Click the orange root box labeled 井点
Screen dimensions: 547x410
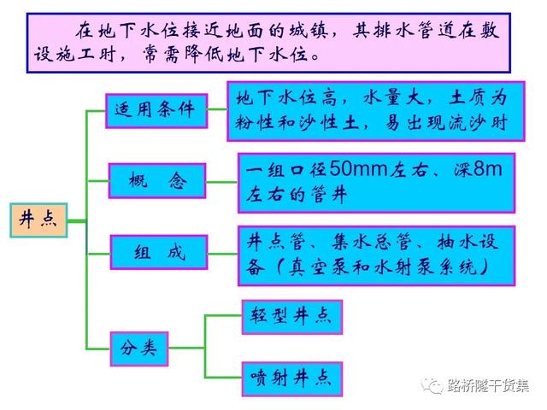coord(38,220)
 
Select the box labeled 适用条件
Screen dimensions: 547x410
coord(156,110)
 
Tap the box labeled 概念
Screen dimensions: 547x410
coord(157,181)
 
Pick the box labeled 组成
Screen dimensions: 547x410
coord(159,252)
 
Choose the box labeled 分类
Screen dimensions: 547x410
coord(139,348)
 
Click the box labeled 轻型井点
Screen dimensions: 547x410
coord(292,317)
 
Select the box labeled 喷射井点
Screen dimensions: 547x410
coord(292,379)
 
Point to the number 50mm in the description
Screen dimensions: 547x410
coord(359,169)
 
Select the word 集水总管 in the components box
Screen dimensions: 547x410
coord(372,242)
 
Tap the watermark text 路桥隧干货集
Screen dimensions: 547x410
coord(488,386)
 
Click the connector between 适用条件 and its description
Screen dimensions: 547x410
coord(217,109)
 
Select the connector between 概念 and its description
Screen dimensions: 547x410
coord(222,182)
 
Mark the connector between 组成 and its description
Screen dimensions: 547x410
coord(223,254)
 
